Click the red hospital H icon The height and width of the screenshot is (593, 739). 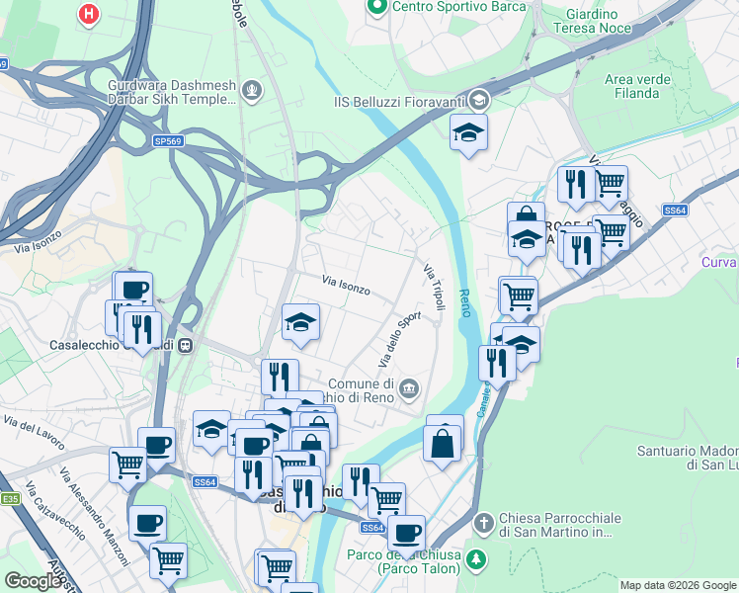(90, 14)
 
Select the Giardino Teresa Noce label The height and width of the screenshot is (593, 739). (593, 22)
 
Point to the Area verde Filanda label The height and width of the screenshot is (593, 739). (631, 86)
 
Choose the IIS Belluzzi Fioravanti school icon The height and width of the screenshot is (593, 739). (479, 99)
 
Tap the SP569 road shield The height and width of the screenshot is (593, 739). (168, 141)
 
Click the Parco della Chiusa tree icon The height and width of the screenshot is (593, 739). (477, 559)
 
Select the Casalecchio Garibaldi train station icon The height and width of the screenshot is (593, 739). (185, 345)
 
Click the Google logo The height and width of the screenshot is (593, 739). (34, 581)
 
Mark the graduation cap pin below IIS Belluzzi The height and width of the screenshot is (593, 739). (468, 132)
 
